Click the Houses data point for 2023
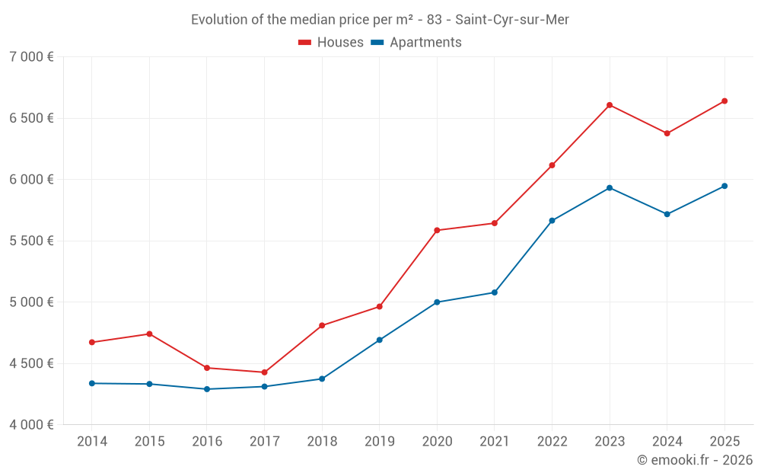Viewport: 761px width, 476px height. click(x=610, y=105)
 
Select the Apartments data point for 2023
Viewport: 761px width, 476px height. click(x=610, y=187)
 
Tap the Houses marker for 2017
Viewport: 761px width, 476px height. click(x=264, y=372)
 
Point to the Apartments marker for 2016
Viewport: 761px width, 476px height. click(x=207, y=389)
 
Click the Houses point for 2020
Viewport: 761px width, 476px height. click(x=437, y=230)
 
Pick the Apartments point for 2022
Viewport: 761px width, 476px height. click(x=552, y=221)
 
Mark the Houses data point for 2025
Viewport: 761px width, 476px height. click(x=724, y=101)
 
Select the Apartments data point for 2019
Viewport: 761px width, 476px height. click(x=379, y=340)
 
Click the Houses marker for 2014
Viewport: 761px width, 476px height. click(x=92, y=342)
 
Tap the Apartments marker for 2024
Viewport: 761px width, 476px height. click(x=667, y=214)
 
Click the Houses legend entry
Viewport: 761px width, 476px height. click(x=331, y=43)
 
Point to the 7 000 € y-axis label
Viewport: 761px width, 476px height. click(x=31, y=57)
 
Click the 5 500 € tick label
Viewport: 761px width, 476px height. click(x=31, y=241)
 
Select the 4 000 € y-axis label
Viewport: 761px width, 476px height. click(x=31, y=424)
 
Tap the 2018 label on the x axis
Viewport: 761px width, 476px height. click(x=322, y=442)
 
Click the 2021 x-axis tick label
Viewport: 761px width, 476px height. click(x=494, y=442)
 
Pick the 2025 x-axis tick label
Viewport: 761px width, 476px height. click(x=724, y=442)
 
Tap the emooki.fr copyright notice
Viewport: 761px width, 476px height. click(x=694, y=460)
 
